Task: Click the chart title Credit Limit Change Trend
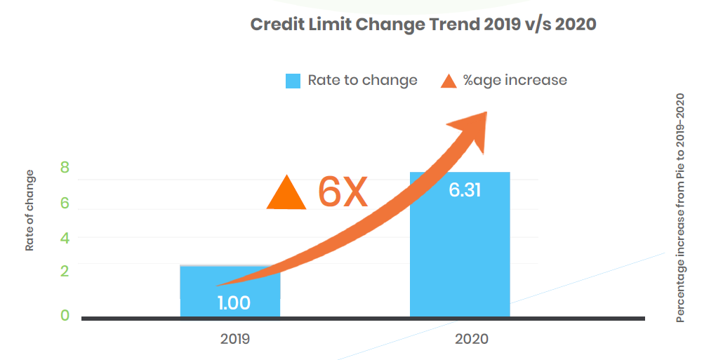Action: [423, 25]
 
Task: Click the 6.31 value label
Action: [464, 190]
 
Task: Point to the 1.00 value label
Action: [233, 303]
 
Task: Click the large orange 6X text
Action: [343, 192]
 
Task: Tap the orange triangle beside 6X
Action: [286, 193]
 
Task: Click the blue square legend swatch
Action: [293, 81]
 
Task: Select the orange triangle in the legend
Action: [449, 81]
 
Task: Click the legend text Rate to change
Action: [362, 80]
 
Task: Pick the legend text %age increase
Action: [515, 80]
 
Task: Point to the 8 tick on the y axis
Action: [65, 168]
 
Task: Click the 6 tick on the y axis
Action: [65, 203]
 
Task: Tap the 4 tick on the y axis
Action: [65, 238]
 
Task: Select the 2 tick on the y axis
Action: [65, 272]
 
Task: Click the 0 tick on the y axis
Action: [65, 316]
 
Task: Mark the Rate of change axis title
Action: [29, 211]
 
